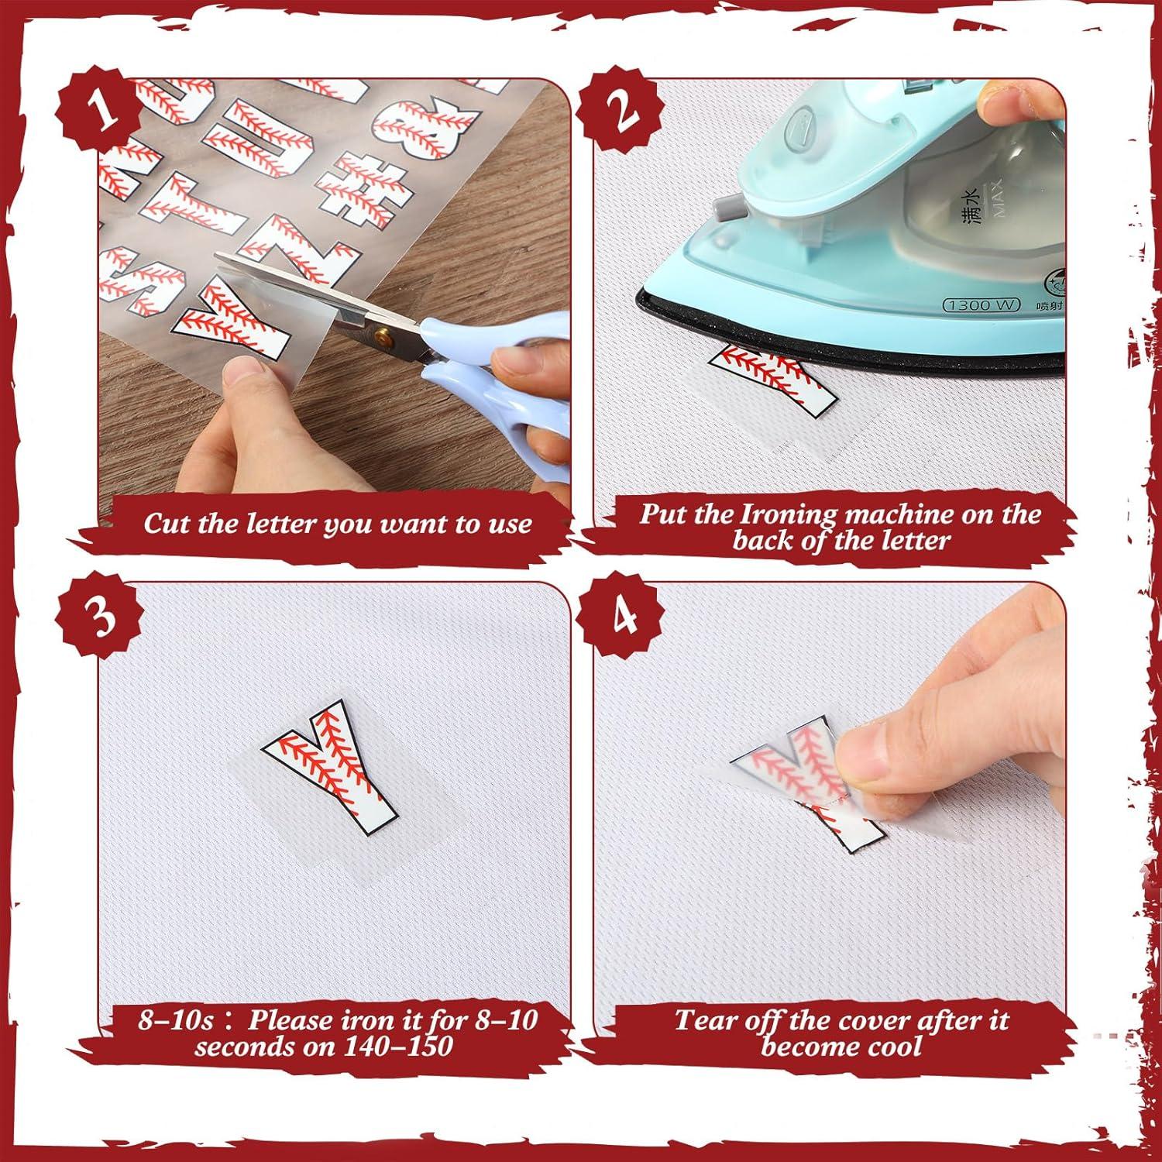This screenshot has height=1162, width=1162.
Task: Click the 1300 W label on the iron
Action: click(981, 305)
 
